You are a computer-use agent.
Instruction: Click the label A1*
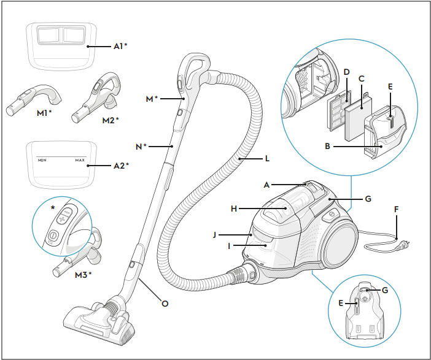[x=120, y=46]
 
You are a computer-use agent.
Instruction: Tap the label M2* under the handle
[x=111, y=120]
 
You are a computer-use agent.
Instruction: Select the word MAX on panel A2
[x=80, y=160]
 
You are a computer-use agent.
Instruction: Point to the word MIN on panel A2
[x=42, y=160]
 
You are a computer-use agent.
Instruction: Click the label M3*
[x=83, y=275]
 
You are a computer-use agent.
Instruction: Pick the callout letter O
[x=165, y=304]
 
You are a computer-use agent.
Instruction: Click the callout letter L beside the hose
[x=267, y=158]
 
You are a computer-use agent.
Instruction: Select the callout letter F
[x=396, y=210]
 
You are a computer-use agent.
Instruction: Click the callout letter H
[x=234, y=209]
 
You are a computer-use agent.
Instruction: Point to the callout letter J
[x=215, y=235]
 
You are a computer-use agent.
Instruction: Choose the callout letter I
[x=229, y=246]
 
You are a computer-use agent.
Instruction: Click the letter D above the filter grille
[x=347, y=72]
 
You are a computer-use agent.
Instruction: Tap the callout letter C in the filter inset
[x=362, y=79]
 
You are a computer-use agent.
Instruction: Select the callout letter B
[x=327, y=146]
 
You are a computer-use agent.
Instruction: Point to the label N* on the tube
[x=141, y=147]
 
